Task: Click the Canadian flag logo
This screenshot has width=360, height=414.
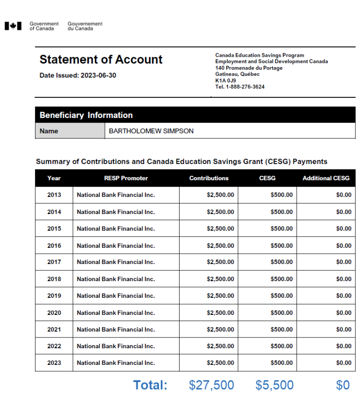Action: (13, 26)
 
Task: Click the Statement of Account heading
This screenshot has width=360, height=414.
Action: (101, 59)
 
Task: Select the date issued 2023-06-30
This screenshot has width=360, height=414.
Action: (98, 76)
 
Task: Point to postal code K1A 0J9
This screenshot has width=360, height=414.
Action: (225, 81)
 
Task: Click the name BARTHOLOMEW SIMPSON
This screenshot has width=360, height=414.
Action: (151, 131)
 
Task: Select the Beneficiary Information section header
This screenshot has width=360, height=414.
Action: (86, 115)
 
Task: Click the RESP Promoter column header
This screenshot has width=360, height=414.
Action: (126, 178)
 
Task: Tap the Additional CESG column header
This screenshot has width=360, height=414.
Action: (326, 178)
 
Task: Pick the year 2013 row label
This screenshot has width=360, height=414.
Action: (54, 195)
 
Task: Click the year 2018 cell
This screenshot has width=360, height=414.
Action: (54, 279)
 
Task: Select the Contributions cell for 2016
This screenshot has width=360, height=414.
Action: (220, 246)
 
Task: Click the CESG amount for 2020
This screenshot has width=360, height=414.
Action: (281, 313)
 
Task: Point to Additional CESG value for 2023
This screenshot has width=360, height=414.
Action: (343, 363)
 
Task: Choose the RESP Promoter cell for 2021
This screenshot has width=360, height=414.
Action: (116, 329)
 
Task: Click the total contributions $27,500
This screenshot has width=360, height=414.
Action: (211, 385)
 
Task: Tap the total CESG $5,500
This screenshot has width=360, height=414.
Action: (274, 385)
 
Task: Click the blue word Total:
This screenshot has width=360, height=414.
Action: (150, 385)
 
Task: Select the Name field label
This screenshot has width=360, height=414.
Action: (49, 131)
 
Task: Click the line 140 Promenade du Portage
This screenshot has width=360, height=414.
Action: (249, 68)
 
